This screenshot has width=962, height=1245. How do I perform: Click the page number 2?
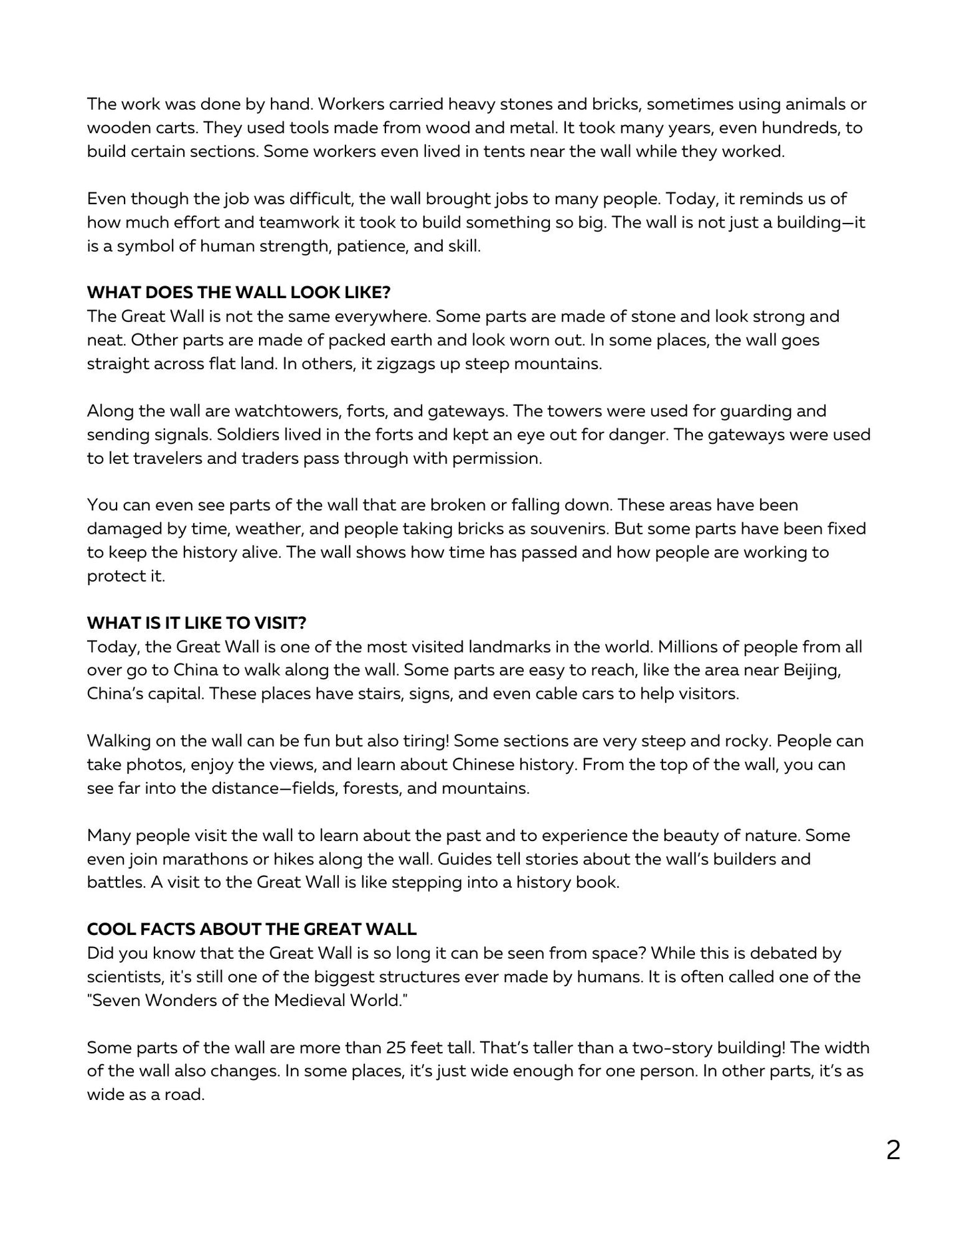pyautogui.click(x=893, y=1151)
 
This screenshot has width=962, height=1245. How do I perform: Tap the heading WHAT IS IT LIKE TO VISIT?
pyautogui.click(x=196, y=623)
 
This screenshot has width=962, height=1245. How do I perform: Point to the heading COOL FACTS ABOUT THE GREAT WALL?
pyautogui.click(x=252, y=930)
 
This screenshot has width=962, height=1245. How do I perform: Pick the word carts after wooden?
pyautogui.click(x=174, y=128)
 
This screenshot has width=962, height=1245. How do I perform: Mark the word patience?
pyautogui.click(x=369, y=246)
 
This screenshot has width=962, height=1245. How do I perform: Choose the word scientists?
pyautogui.click(x=124, y=978)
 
